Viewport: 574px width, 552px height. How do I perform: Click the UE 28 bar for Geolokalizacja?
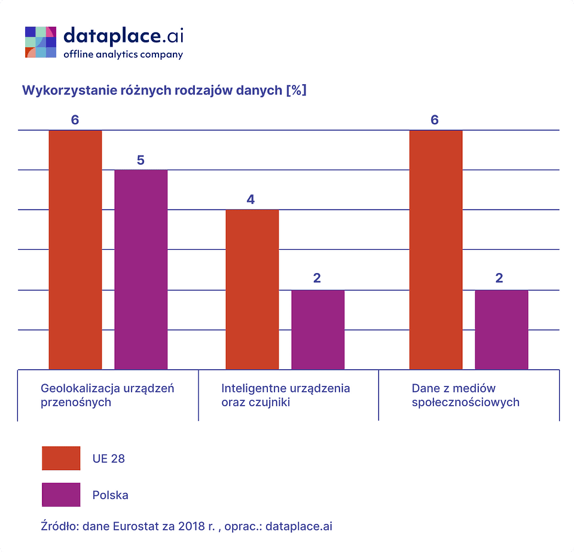point(75,250)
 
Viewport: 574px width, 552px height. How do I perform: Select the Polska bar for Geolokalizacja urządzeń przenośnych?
point(141,269)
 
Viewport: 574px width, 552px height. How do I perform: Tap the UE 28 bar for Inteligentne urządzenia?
point(252,289)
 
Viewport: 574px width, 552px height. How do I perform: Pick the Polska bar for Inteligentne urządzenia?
point(317,329)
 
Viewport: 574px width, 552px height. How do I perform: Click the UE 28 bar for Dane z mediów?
point(435,250)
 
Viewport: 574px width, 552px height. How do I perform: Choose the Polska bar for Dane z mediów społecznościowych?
point(501,329)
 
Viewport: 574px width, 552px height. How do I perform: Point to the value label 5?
point(141,160)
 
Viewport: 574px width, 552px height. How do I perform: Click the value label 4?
point(251,200)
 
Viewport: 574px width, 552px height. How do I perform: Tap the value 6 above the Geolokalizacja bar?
point(75,120)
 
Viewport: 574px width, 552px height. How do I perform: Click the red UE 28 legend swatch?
point(61,458)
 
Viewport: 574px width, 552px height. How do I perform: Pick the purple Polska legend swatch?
point(61,495)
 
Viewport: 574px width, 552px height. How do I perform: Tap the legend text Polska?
point(110,495)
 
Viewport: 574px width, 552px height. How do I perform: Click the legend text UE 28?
point(109,459)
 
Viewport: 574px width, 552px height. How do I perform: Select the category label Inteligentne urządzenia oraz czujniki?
point(285,395)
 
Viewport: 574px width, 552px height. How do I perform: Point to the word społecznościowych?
point(465,402)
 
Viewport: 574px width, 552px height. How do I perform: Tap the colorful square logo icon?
point(41,42)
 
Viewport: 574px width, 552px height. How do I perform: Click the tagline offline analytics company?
point(123,54)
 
